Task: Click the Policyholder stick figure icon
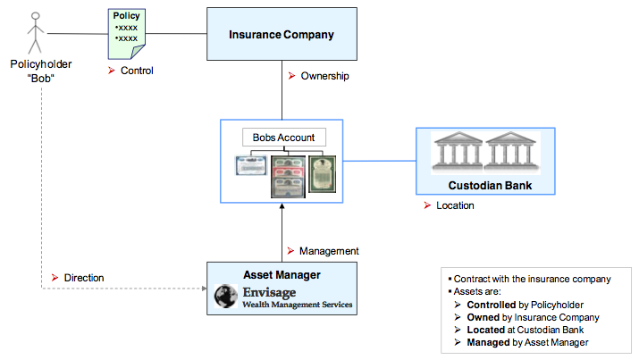pyautogui.click(x=36, y=33)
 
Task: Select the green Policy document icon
pyautogui.click(x=127, y=34)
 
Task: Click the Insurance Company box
pyautogui.click(x=282, y=34)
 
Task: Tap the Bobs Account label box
pyautogui.click(x=284, y=138)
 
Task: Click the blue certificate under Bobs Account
pyautogui.click(x=251, y=166)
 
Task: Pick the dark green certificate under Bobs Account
pyautogui.click(x=323, y=174)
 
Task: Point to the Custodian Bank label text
pyautogui.click(x=490, y=186)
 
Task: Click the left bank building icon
pyautogui.click(x=458, y=151)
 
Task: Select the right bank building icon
pyautogui.click(x=511, y=151)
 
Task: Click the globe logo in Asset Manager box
pyautogui.click(x=226, y=296)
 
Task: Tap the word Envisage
pyautogui.click(x=269, y=292)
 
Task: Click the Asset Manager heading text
pyautogui.click(x=282, y=275)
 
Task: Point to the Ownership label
pyautogui.click(x=324, y=76)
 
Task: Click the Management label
pyautogui.click(x=329, y=251)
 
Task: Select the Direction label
pyautogui.click(x=84, y=278)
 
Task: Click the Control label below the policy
pyautogui.click(x=137, y=71)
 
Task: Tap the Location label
pyautogui.click(x=455, y=205)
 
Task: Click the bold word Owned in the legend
pyautogui.click(x=483, y=317)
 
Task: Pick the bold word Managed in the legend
pyautogui.click(x=488, y=342)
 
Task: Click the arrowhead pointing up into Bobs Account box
pyautogui.click(x=282, y=206)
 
